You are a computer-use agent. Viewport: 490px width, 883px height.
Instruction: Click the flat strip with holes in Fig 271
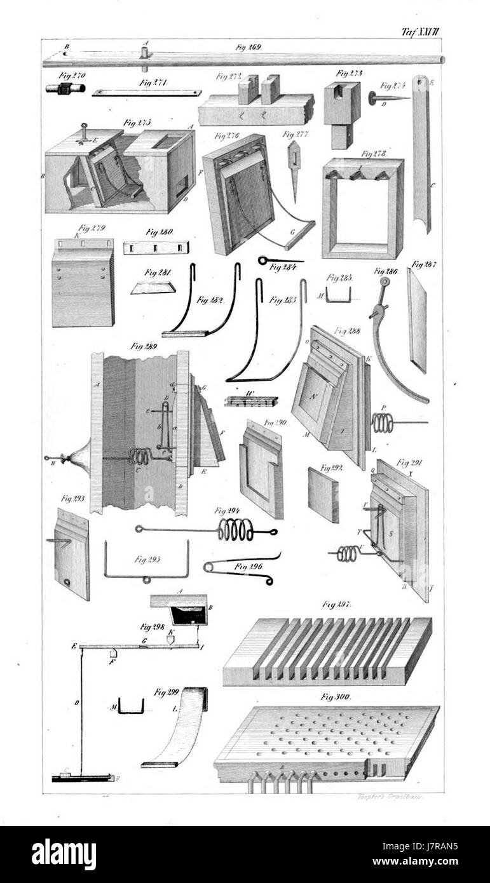click(146, 93)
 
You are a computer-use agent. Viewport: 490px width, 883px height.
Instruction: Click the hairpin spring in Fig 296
click(238, 570)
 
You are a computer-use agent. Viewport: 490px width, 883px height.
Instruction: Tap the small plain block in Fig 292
click(323, 494)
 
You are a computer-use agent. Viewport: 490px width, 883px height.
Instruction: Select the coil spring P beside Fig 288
click(384, 422)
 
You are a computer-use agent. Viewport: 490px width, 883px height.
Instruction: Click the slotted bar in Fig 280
click(156, 247)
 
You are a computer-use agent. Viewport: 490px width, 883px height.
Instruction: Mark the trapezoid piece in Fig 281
click(153, 288)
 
